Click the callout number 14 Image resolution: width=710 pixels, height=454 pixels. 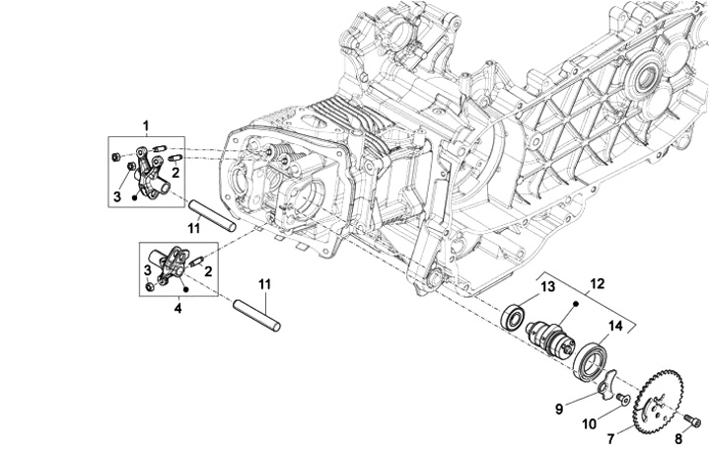point(614,325)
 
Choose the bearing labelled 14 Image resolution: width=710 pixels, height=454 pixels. point(594,356)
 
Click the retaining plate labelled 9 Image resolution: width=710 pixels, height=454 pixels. point(610,381)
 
